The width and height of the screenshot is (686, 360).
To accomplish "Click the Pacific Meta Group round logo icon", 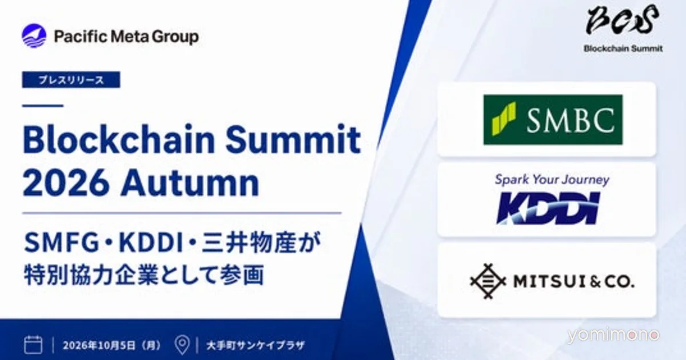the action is coord(34,36).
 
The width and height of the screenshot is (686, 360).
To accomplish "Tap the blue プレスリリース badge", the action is coord(71,79).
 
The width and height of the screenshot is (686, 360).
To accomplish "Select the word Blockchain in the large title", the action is coord(118,139).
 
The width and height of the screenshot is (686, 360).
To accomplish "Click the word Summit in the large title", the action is coord(293,139).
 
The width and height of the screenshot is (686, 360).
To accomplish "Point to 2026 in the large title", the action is coord(66,183).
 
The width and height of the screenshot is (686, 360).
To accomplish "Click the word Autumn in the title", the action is coord(190,183).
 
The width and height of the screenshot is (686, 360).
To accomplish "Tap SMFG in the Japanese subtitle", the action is coord(61,243).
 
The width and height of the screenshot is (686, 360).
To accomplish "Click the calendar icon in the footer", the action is coord(33,345).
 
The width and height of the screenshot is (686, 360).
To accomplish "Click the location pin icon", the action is coord(182,345).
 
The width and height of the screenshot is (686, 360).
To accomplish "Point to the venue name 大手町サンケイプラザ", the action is coord(256,345).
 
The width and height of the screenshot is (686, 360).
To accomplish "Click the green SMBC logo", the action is coord(553,119).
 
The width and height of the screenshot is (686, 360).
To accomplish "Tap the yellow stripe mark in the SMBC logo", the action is coord(504,119).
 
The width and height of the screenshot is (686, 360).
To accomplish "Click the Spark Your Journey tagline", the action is coord(552,179).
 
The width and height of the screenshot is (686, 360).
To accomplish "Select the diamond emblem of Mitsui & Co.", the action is coord(488,281).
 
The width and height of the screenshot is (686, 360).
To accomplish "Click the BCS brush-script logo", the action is coord(623,20).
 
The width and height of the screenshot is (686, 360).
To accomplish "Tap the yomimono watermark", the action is coord(613,335).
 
